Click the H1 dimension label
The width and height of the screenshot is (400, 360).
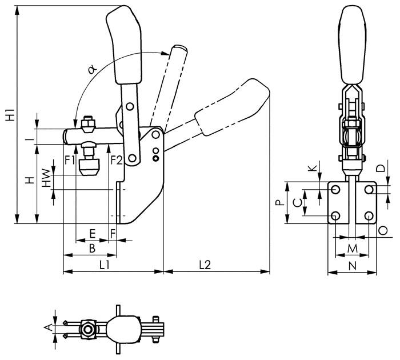[x=9, y=114]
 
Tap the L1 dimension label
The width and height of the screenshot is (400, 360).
[x=105, y=265]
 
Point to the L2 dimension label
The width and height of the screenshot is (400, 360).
[x=205, y=265]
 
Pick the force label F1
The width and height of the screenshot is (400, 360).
[x=70, y=159]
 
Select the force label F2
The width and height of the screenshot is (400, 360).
[x=116, y=159]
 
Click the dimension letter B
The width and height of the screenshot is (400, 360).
[x=91, y=249]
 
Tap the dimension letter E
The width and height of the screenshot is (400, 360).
[x=93, y=234]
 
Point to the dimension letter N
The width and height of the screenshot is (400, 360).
[x=352, y=265]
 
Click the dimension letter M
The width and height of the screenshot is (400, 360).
[x=353, y=249]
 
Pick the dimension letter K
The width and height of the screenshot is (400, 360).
[x=311, y=168]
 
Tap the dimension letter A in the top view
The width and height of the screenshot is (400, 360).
[x=47, y=328]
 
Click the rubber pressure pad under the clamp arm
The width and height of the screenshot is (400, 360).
[x=89, y=167]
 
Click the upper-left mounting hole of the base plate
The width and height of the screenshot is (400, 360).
[x=335, y=189]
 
